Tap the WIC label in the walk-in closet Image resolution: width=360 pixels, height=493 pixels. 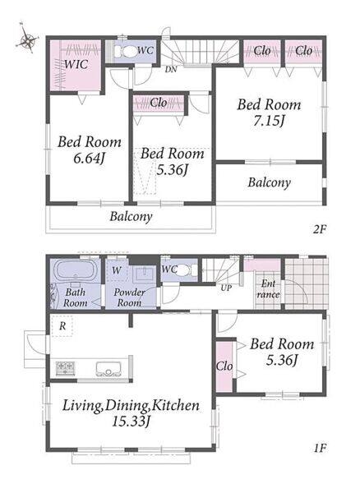tap(76, 64)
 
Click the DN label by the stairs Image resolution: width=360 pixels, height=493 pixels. tap(171, 70)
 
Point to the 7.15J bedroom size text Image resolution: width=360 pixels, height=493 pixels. tap(269, 121)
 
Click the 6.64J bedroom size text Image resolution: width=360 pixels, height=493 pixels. tap(89, 158)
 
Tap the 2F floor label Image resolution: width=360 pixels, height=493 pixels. tap(320, 229)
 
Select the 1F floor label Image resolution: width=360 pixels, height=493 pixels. tap(321, 448)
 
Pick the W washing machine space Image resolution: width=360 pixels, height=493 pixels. tap(117, 270)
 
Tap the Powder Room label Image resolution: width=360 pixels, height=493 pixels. tap(129, 297)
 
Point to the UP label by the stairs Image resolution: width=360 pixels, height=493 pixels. tap(226, 288)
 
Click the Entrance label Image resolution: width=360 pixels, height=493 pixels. tap(268, 289)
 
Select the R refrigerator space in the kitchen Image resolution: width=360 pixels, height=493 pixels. tap(62, 326)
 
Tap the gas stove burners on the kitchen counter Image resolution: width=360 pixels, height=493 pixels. tap(66, 368)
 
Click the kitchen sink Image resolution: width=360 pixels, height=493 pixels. tap(108, 369)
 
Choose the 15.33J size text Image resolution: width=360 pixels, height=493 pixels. tap(131, 422)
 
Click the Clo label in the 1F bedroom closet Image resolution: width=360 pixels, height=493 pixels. tap(224, 366)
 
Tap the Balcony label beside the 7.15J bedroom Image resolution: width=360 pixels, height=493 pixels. tap(269, 182)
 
